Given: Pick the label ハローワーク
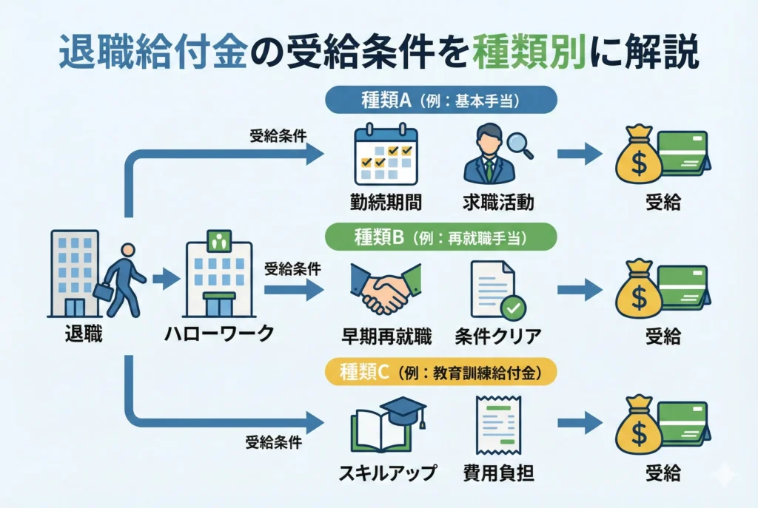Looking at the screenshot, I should coord(219,333).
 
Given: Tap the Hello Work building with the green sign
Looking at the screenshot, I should coord(218,274).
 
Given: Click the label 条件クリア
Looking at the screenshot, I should coord(498,336).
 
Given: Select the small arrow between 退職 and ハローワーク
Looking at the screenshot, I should coord(165,280).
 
